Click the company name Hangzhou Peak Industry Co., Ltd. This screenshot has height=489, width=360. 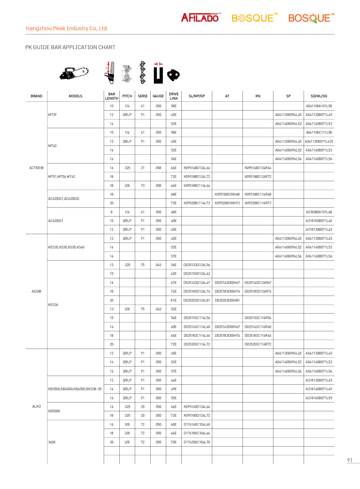pyautogui.click(x=67, y=28)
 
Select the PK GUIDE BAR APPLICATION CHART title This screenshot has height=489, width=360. pyautogui.click(x=70, y=47)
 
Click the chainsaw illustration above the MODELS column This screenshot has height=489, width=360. pyautogui.click(x=74, y=73)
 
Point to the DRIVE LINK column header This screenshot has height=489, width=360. pyautogui.click(x=174, y=96)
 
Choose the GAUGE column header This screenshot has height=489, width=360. pyautogui.click(x=158, y=96)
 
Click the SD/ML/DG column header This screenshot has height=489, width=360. pyautogui.click(x=319, y=96)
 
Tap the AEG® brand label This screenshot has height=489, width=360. pyautogui.click(x=36, y=291)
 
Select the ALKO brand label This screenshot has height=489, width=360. pyautogui.click(x=36, y=406)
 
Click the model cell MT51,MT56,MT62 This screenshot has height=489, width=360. pyautogui.click(x=62, y=177)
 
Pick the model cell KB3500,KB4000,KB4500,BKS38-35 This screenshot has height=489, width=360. pyautogui.click(x=75, y=389)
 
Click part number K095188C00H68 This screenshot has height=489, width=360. pyautogui.click(x=227, y=194)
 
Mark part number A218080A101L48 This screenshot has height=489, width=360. pyautogui.click(x=319, y=212)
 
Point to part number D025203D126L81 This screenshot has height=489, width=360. pyautogui.click(x=197, y=300)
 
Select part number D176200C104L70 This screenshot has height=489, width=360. pyautogui.click(x=197, y=442)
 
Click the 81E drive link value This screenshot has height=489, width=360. pyautogui.click(x=174, y=300)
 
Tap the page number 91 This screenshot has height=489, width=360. pyautogui.click(x=350, y=460)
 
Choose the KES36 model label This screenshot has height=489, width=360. pyautogui.click(x=53, y=305)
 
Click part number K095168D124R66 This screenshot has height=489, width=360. pyautogui.click(x=258, y=168)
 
